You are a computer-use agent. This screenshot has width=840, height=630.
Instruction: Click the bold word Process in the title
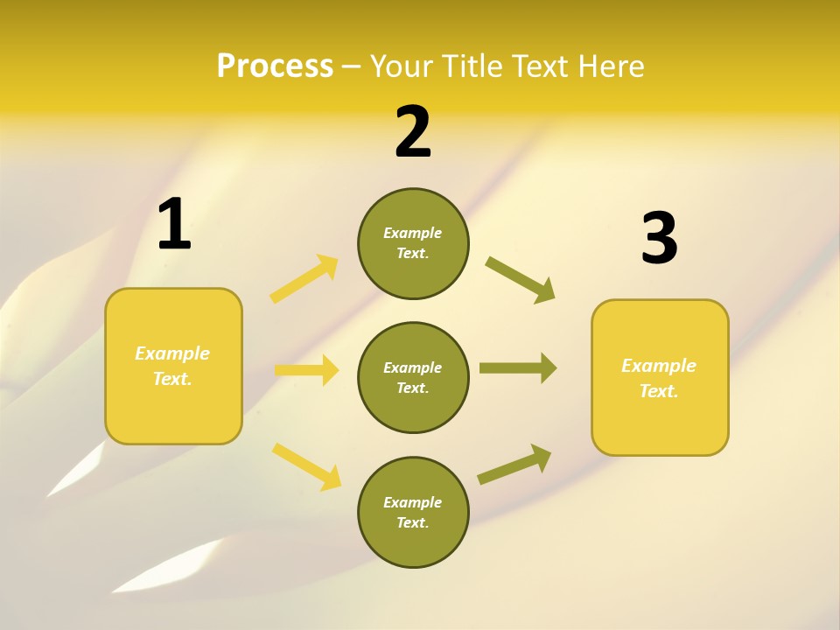275,66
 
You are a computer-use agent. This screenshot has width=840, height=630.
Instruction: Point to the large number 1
174,225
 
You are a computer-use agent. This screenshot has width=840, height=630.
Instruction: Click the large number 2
413,132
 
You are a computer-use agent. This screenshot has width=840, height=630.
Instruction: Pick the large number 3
659,239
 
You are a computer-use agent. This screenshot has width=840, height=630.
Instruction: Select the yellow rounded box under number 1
173,411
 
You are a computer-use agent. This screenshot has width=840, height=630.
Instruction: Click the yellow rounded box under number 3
660,429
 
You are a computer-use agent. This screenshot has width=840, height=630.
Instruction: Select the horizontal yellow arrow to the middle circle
306,370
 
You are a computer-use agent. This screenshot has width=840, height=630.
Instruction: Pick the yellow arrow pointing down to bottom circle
307,465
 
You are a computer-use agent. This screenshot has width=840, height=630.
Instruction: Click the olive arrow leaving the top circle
521,279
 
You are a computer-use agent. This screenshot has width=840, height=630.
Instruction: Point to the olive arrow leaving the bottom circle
514,465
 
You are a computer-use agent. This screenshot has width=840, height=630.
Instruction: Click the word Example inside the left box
172,353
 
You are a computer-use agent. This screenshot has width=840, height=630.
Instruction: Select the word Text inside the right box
658,392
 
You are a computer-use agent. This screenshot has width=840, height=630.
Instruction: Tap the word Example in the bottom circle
412,502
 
